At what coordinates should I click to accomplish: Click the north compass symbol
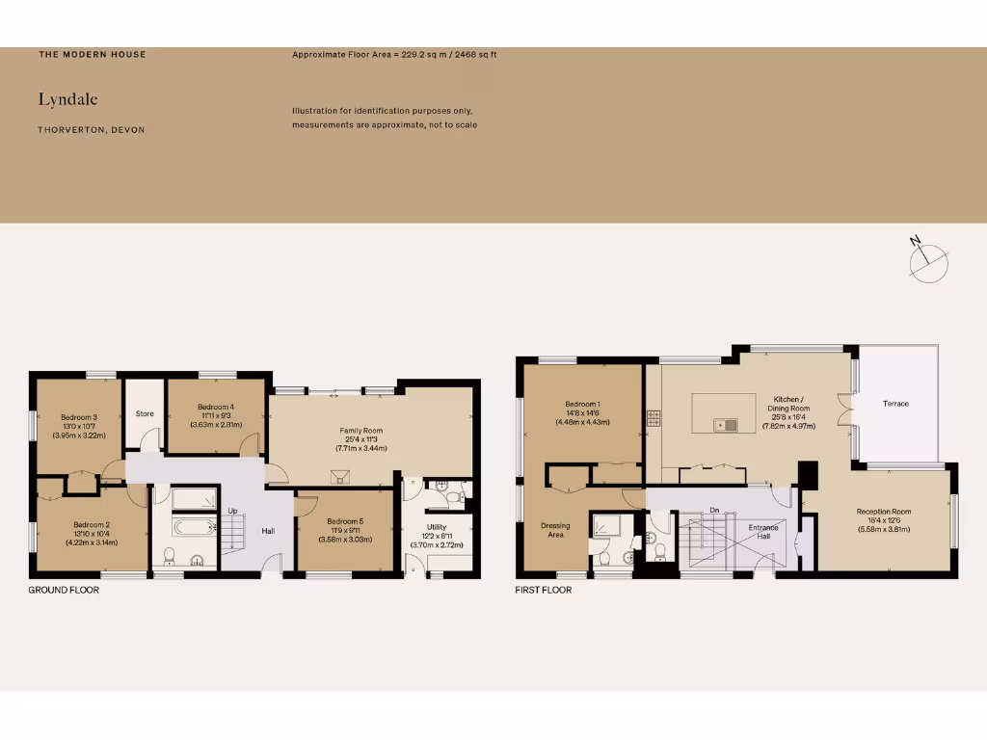point(929,258)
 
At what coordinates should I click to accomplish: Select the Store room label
point(145,414)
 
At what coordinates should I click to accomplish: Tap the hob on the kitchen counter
point(654,418)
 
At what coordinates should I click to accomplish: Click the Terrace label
point(895,404)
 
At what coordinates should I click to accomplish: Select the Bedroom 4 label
point(216,408)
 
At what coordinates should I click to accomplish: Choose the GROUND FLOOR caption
point(64,590)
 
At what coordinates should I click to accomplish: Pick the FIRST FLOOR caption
point(543,590)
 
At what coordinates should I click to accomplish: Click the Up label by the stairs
point(232,511)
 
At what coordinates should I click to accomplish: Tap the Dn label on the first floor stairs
point(713,510)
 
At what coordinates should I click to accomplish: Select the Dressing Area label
point(555,530)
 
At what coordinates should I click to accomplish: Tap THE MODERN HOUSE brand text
point(93,55)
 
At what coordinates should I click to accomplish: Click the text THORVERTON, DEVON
point(92,130)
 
